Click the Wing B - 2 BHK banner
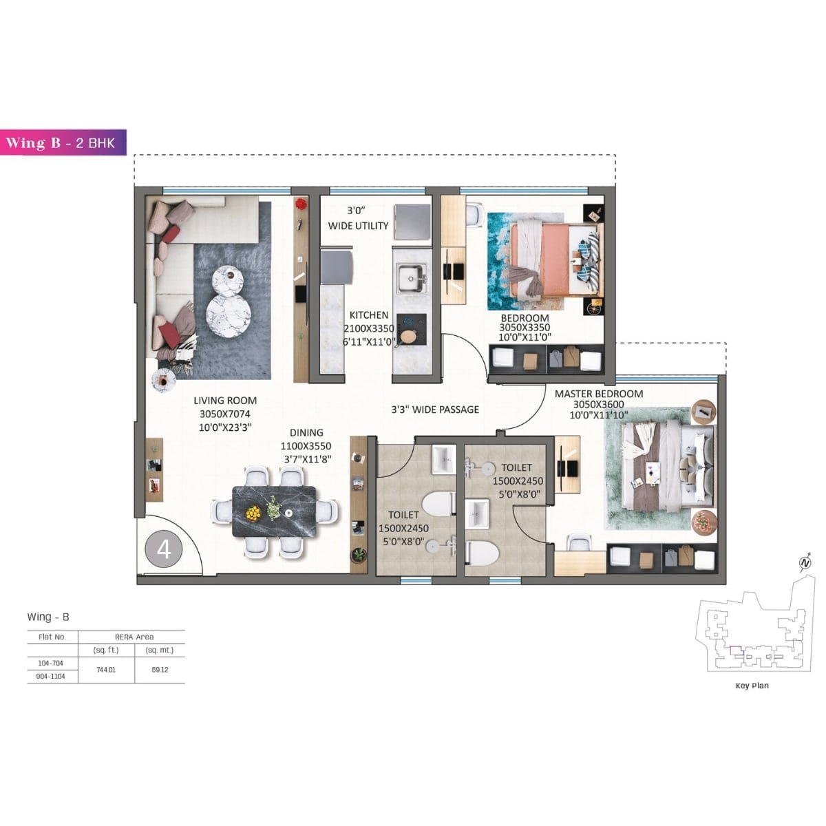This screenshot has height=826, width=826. pos(63,142)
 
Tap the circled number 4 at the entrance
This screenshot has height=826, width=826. pos(164,549)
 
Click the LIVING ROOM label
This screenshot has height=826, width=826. pos(225,401)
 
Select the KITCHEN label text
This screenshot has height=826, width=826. pos(369,315)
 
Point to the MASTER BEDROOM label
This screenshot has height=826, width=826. pos(599,394)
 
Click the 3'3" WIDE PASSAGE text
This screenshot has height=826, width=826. pos(435,410)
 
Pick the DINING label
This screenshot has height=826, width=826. pos(306,433)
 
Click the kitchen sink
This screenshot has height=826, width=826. pos(411,279)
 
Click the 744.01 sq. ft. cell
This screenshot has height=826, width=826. pos(106,670)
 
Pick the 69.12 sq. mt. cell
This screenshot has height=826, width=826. pos(160,670)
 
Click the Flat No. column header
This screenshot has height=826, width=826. pos(52,637)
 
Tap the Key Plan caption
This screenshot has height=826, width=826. pos(752,686)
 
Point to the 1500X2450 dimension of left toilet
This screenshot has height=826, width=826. pos(403,529)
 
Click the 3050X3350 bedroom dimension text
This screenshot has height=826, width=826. pos(525,328)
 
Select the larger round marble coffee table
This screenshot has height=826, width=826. pos(229,314)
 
